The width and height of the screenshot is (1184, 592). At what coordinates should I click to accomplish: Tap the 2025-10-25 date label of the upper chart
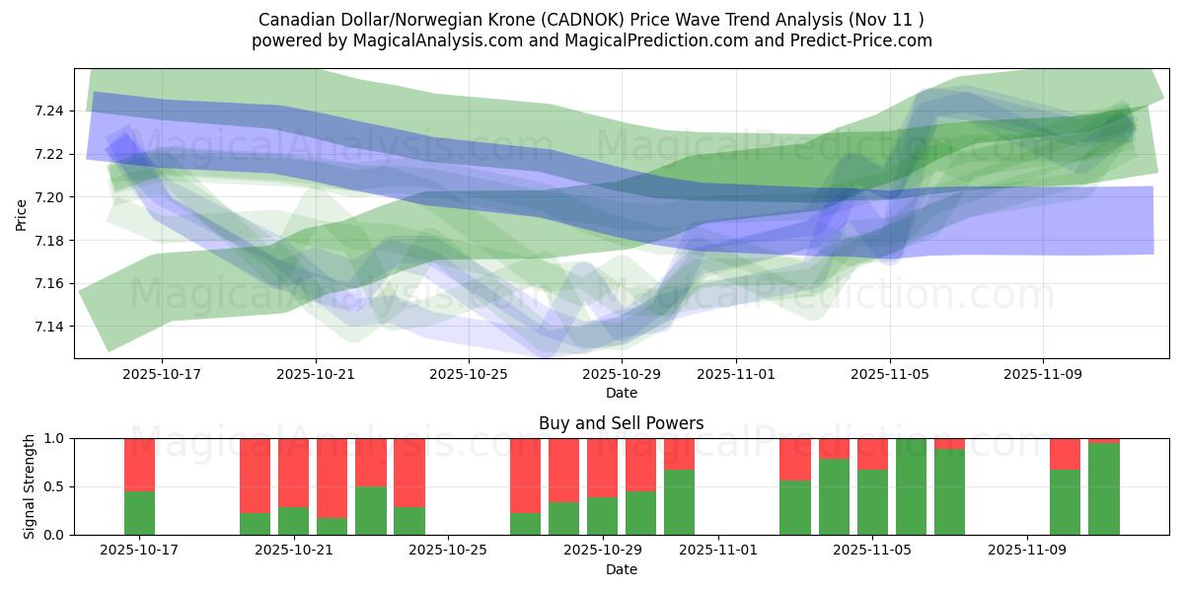tap(469, 374)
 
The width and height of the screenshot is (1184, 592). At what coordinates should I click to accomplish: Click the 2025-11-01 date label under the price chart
tap(735, 374)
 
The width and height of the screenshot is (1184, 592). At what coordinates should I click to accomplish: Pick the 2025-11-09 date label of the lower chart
tap(1027, 551)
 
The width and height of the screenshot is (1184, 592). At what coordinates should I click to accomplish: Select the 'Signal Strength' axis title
tap(30, 485)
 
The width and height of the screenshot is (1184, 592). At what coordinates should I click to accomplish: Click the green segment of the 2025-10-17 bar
tap(139, 512)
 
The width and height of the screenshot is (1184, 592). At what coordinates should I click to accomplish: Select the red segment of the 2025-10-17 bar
tap(139, 464)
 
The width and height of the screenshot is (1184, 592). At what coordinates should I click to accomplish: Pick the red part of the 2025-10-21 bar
tap(293, 472)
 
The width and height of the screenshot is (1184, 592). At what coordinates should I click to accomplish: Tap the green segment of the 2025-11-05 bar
tap(872, 501)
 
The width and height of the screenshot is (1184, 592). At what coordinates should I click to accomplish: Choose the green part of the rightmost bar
tap(1104, 488)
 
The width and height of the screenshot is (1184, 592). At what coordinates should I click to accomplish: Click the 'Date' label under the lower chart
tap(621, 569)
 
